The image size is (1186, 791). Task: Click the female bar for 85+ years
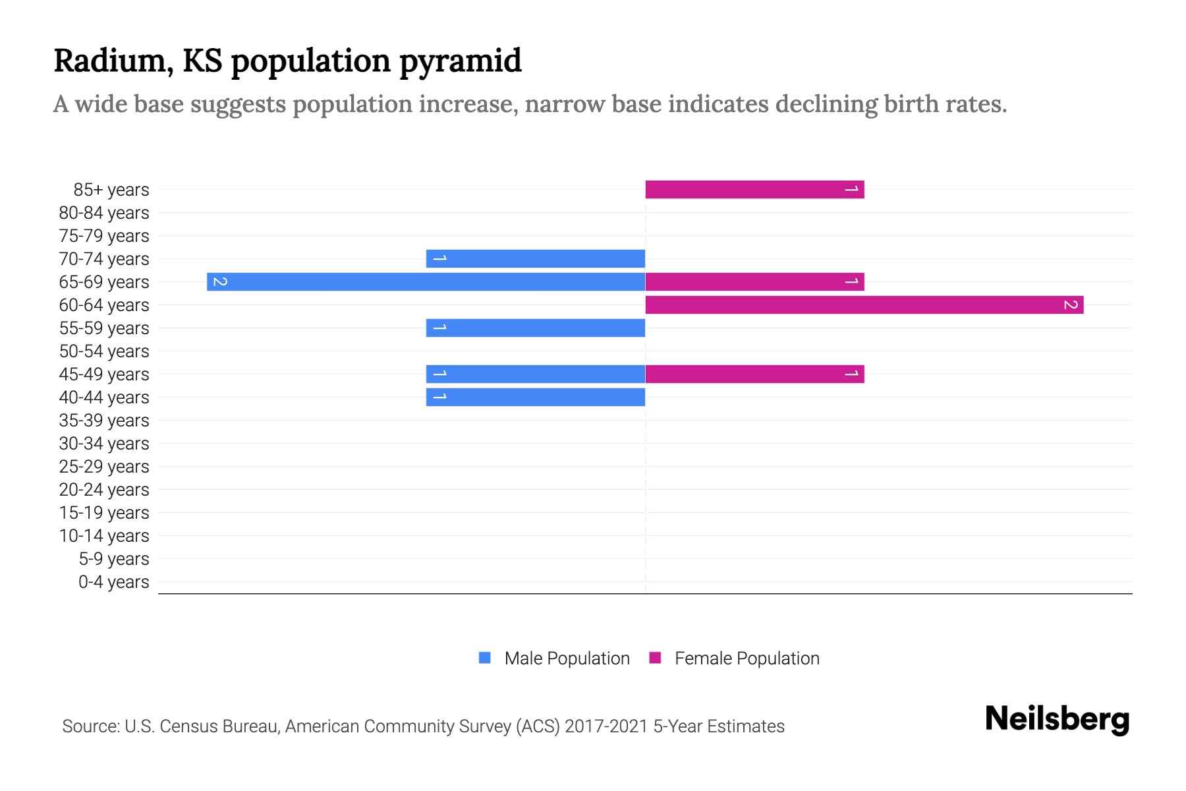(754, 190)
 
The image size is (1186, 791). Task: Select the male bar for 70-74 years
(535, 259)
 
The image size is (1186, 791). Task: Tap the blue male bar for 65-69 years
(426, 282)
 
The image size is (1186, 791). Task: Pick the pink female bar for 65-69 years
(754, 282)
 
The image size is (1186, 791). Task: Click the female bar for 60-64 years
(864, 305)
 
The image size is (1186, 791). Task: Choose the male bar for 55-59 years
(535, 328)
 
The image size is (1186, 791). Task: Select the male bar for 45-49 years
(535, 374)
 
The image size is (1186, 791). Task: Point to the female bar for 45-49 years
(754, 374)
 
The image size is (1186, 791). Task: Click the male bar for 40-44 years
(535, 397)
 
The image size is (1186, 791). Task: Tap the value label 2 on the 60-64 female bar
(1071, 305)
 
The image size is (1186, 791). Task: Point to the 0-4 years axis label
(113, 582)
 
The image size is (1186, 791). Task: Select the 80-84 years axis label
(104, 213)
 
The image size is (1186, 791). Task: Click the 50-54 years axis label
(104, 351)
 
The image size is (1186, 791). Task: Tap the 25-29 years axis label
(104, 467)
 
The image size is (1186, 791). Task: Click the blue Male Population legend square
(485, 658)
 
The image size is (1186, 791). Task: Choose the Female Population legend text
(747, 659)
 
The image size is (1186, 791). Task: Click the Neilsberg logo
(1057, 719)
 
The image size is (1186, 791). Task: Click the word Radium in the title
(113, 61)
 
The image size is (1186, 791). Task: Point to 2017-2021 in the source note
(606, 726)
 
